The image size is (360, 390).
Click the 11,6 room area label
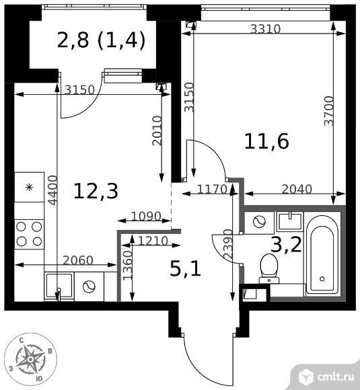tap(266, 142)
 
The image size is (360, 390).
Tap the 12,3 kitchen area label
tap(96, 191)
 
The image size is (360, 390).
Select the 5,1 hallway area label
tap(185, 270)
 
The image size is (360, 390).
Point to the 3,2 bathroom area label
tap(286, 245)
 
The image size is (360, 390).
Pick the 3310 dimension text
tap(265, 29)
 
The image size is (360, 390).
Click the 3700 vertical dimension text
tap(328, 111)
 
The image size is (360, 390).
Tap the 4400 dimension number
tap(52, 190)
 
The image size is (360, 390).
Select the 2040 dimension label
tap(297, 189)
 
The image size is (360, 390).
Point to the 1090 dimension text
tap(146, 216)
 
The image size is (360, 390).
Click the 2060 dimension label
tap(78, 260)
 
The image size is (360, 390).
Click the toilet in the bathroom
tap(269, 268)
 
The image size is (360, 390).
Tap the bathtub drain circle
tap(322, 278)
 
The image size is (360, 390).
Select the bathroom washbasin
tap(290, 221)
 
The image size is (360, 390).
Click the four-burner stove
tap(30, 234)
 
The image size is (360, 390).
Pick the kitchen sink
tap(59, 286)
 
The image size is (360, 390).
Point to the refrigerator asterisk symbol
tap(30, 187)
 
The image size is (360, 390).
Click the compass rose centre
tap(30, 359)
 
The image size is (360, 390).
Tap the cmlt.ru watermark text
tap(335, 377)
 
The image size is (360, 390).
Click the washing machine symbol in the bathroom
tap(259, 222)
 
